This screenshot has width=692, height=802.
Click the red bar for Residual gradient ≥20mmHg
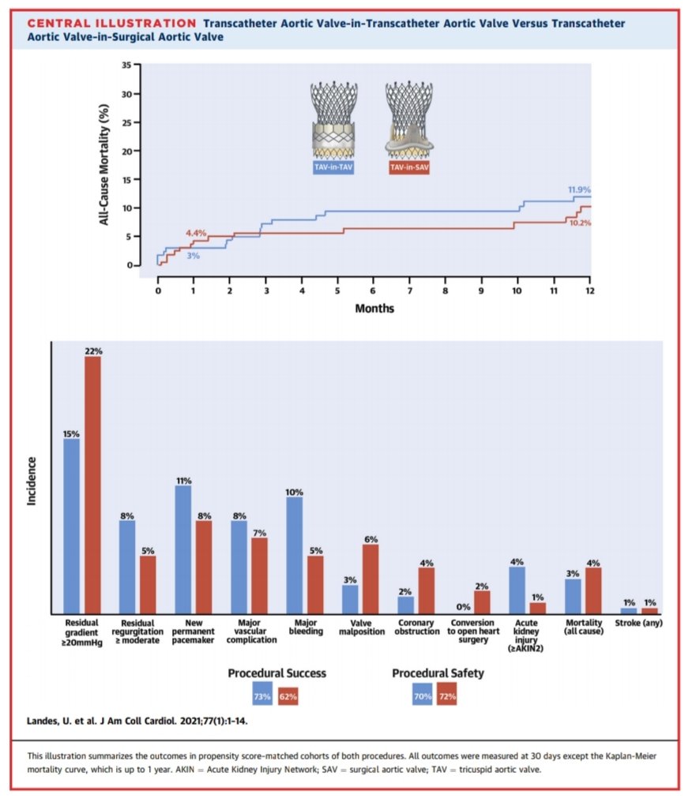(92, 485)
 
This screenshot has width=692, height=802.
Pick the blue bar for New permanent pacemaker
(182, 549)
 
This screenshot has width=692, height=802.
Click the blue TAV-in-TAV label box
(333, 167)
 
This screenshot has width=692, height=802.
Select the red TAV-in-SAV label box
(409, 167)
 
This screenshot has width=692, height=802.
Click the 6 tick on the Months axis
(374, 291)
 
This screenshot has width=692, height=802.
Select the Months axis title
(374, 309)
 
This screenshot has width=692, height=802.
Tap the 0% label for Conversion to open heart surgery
(463, 606)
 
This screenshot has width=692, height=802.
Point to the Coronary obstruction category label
(416, 628)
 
